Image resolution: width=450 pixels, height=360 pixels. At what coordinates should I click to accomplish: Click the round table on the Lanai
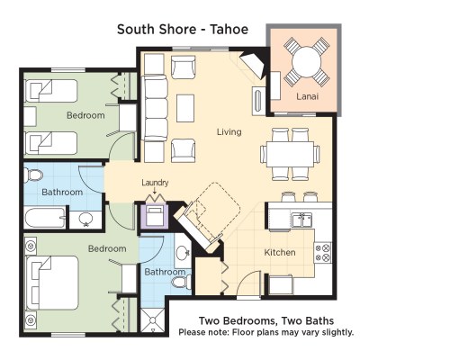point(306,62)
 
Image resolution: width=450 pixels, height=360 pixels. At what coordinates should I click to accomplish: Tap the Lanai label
point(307,96)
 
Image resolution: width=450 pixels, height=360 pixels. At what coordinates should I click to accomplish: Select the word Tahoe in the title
point(229,30)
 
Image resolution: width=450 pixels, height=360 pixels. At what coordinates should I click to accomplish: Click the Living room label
point(229,131)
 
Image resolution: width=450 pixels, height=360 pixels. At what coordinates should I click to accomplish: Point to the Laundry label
point(155,183)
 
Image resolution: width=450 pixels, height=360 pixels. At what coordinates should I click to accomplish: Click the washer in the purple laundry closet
point(155,215)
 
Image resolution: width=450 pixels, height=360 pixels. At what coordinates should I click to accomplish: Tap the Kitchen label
point(280,252)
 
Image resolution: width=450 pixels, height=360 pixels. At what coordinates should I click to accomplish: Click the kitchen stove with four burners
point(323,253)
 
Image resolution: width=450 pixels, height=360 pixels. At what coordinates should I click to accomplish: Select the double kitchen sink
point(302,220)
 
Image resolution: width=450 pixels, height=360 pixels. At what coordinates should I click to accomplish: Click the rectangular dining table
point(290,154)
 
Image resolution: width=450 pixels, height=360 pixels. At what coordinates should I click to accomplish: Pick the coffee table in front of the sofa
point(185,108)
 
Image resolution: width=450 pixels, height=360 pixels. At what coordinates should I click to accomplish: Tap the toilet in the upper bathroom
point(33,175)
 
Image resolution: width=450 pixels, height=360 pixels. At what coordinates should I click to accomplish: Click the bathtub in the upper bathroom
point(45,218)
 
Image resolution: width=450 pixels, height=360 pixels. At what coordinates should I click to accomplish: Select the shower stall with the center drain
point(153,320)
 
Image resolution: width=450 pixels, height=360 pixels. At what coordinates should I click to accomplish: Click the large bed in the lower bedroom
point(52,283)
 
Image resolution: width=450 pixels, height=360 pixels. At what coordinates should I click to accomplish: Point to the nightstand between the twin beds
point(30,116)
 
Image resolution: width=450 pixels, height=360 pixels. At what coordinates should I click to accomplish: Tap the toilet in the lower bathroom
point(181,282)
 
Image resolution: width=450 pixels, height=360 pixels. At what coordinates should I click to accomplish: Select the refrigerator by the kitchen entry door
point(281,284)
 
